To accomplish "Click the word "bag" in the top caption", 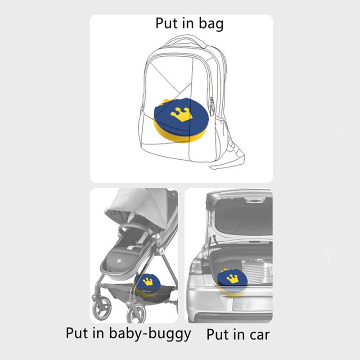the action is click(x=211, y=24).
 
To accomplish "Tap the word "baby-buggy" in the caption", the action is click(x=150, y=333).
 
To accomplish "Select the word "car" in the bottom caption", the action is click(x=260, y=335).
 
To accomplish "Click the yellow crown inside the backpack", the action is click(x=181, y=114).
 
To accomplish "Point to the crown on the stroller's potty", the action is click(x=148, y=282).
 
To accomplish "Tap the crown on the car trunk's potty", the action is click(x=232, y=279).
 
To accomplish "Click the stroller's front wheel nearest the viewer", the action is click(x=136, y=313).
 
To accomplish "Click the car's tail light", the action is click(x=196, y=266).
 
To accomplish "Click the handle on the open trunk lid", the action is click(x=255, y=200).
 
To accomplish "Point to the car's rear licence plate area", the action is click(x=252, y=303).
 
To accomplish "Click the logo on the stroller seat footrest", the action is click(x=119, y=261).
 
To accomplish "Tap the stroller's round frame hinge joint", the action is click(x=162, y=251).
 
